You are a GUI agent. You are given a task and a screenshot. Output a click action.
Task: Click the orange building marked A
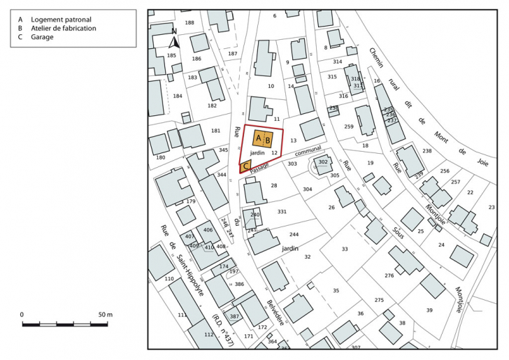pos(258,139)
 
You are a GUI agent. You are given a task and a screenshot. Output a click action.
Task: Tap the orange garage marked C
pos(245,166)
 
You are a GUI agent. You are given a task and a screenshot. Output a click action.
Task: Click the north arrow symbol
pos(175,40)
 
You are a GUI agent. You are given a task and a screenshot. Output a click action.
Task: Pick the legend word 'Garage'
pos(42,37)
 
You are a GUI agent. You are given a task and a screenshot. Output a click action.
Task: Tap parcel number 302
pos(322,162)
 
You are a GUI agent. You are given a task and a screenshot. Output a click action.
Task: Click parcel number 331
pos(282,212)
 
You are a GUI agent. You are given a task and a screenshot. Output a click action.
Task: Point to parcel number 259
pos(348,127)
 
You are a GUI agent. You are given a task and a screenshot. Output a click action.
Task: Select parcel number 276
pos(389,276)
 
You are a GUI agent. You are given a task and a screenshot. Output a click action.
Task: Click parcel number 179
pos(190,201)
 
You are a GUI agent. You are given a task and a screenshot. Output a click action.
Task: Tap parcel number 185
pos(171,55)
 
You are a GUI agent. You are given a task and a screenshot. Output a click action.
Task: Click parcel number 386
pos(239,285)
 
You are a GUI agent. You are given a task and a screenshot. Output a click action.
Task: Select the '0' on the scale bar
pos(22,315)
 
